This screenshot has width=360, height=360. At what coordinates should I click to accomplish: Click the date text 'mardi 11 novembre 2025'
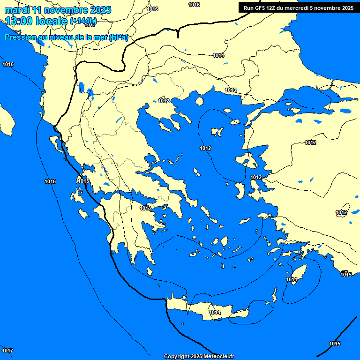coord(58,10)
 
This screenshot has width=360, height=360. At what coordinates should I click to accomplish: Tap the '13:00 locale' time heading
coord(37,21)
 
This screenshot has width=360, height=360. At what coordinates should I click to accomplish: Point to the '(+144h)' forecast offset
coord(83,21)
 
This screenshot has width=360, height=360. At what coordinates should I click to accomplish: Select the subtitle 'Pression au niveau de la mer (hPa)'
coord(66,37)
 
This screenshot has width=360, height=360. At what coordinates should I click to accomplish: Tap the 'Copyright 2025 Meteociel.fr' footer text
coord(199,356)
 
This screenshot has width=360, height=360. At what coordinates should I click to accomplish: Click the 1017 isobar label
coord(7,351)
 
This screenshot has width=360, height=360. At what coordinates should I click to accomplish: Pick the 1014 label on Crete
coord(215,312)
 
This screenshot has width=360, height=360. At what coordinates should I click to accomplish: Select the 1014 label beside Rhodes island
coord(292,280)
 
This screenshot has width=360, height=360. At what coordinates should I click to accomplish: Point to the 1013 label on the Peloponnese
coord(145,208)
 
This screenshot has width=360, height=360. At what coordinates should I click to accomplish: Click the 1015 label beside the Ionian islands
coord(83,181)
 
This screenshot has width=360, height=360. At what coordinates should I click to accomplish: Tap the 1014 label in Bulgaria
coord(218,55)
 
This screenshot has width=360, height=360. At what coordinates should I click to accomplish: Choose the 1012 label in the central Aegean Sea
coord(205,148)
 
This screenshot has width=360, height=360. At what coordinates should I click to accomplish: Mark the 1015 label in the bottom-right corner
coord(335,344)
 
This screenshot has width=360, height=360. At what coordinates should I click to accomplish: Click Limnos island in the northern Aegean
coord(217,132)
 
